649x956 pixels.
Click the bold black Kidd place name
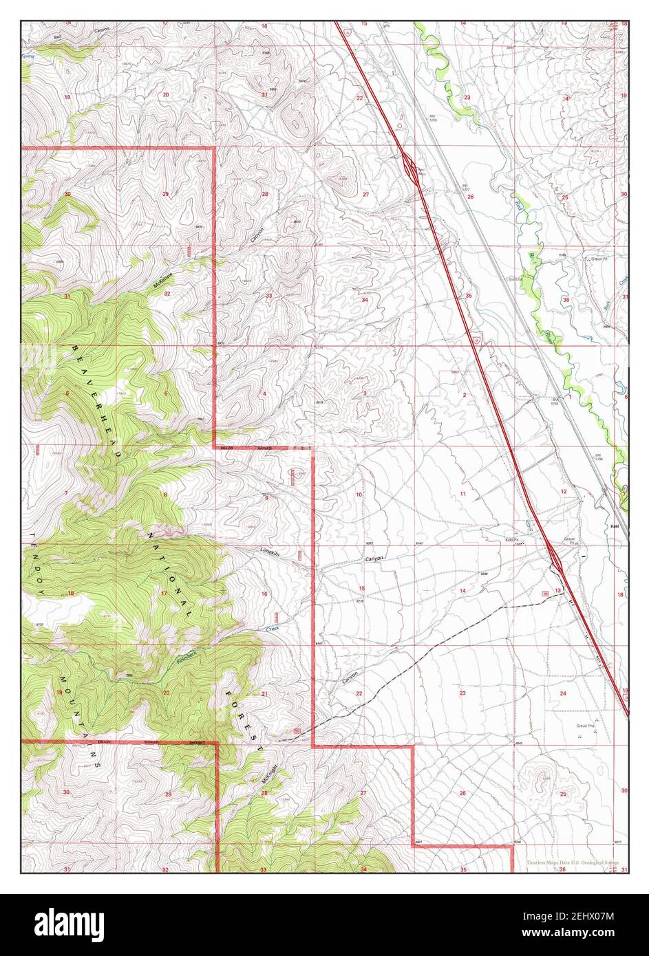(615, 526)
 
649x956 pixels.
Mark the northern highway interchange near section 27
(409, 167)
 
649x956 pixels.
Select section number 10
(359, 495)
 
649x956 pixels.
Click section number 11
(463, 495)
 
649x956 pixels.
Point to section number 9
(266, 498)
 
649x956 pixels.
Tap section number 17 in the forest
(164, 593)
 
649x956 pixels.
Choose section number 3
(364, 393)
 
